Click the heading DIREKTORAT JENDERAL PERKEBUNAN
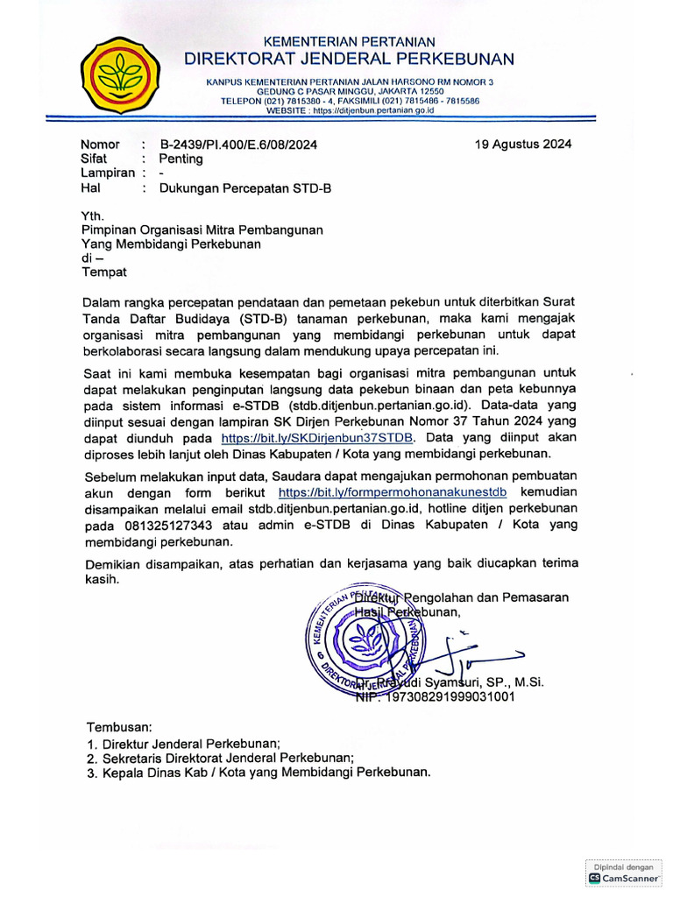(349, 59)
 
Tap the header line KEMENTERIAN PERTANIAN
(350, 41)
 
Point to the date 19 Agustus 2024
(523, 145)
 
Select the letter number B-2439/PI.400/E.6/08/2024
(238, 145)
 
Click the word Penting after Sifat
(181, 159)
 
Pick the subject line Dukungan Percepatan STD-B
(245, 187)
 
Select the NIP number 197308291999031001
(435, 697)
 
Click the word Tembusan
(119, 727)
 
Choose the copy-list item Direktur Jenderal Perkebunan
(191, 743)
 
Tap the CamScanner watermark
(624, 872)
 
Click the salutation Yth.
(92, 215)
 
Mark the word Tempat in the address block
(104, 272)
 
